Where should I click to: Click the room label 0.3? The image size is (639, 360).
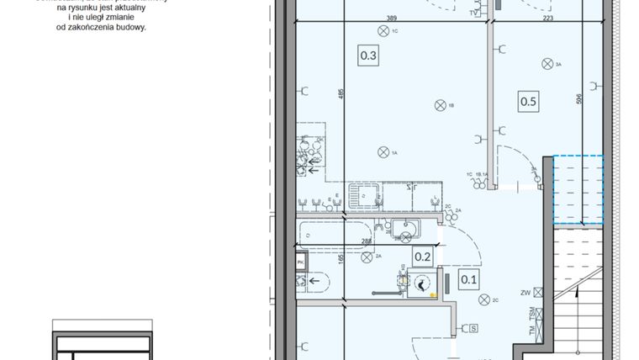pyautogui.click(x=368, y=56)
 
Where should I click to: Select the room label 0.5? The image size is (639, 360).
pyautogui.click(x=528, y=101)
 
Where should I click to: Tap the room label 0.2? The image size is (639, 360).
pyautogui.click(x=422, y=258)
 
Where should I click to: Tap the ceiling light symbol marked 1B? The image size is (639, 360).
pyautogui.click(x=439, y=105)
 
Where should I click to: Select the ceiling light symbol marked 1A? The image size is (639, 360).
pyautogui.click(x=383, y=152)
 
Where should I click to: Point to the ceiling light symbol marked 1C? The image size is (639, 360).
pyautogui.click(x=384, y=32)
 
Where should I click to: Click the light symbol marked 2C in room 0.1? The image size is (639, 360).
pyautogui.click(x=483, y=298)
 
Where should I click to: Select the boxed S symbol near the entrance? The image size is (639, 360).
pyautogui.click(x=474, y=327)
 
